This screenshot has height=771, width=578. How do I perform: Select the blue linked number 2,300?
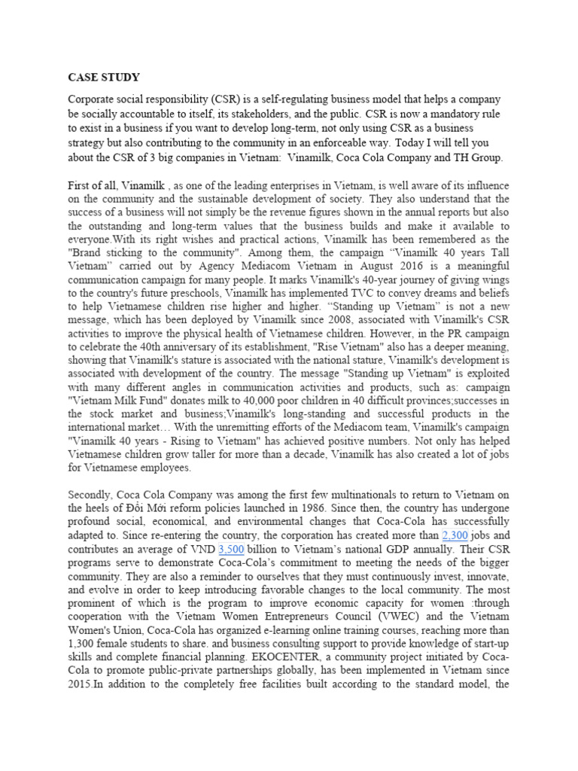[455, 535]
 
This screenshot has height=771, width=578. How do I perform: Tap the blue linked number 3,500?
[231, 550]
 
